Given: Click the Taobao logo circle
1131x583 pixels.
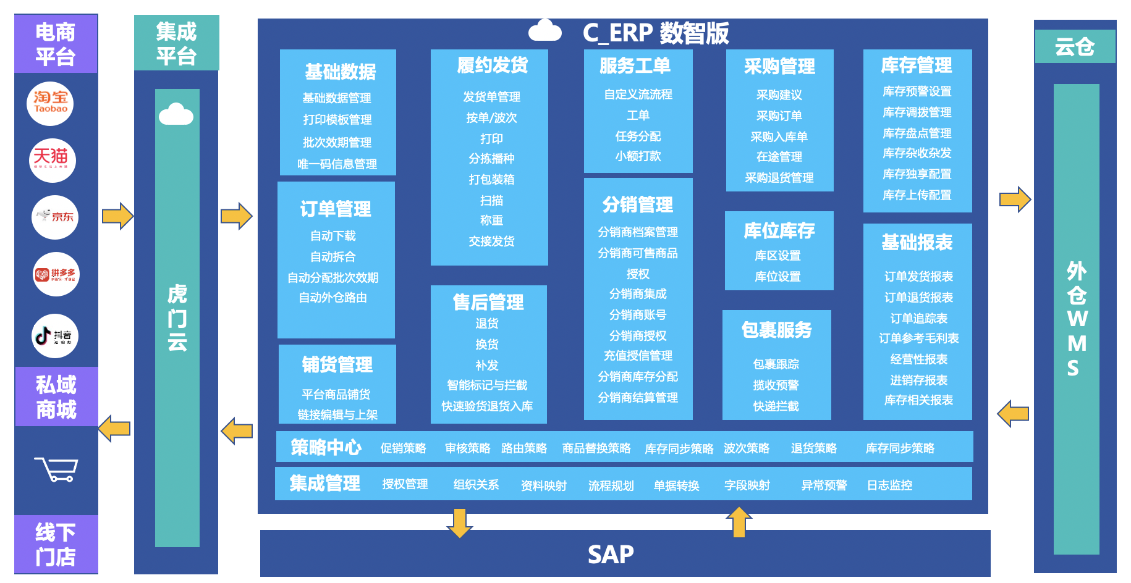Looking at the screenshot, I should (x=50, y=103).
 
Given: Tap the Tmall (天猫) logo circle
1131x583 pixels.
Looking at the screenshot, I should (x=53, y=160).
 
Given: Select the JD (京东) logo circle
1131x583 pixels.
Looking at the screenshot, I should (x=55, y=217).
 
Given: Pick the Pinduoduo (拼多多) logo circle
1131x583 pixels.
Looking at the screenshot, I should (x=56, y=274).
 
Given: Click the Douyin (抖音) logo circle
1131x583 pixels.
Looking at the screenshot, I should (x=55, y=336).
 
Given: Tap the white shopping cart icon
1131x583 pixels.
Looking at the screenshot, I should (x=56, y=469).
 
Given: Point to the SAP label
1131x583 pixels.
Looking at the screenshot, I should (x=611, y=555).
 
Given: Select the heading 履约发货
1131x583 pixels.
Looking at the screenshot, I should (x=492, y=65).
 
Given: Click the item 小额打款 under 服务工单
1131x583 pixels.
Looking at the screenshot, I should (x=638, y=156).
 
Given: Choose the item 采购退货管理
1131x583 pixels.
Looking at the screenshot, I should (x=779, y=178).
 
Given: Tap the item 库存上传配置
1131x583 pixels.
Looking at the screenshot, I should (x=917, y=195).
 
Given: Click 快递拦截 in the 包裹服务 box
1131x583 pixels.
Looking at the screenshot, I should (x=776, y=406).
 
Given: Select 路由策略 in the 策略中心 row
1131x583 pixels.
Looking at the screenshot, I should (x=524, y=448).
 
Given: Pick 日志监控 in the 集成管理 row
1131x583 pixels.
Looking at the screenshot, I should (x=889, y=485).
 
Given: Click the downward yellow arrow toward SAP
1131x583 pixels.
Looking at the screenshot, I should (x=459, y=522).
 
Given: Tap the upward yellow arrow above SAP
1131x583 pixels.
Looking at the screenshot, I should (x=739, y=522).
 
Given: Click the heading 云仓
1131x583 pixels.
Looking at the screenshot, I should (x=1075, y=47).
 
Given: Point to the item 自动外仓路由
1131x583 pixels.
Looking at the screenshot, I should (x=333, y=298).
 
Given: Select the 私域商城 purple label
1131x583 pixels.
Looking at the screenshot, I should (x=56, y=397).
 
